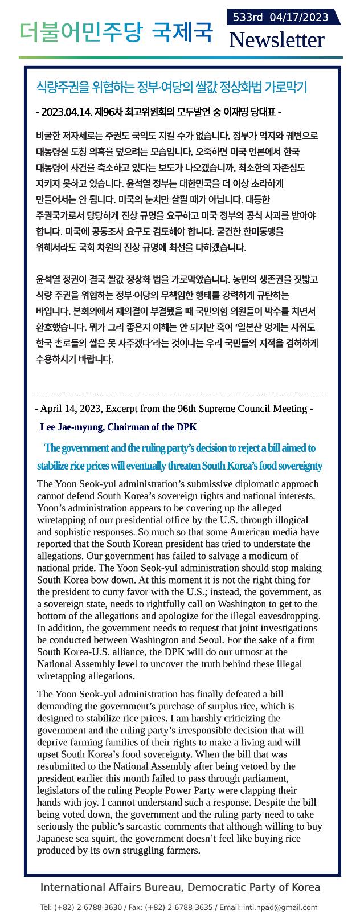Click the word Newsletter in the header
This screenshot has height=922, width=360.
click(276, 40)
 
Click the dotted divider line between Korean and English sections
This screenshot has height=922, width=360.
click(180, 393)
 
